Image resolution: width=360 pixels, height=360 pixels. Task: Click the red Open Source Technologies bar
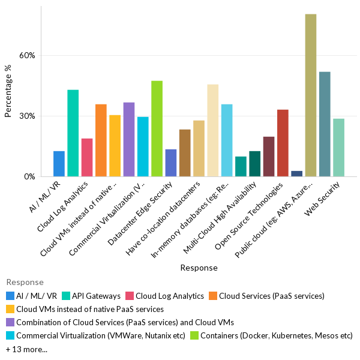tap(283, 143)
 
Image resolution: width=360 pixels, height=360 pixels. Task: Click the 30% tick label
tap(28, 116)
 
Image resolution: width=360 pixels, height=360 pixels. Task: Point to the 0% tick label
tap(30, 176)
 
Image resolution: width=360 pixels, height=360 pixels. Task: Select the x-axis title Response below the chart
tap(199, 268)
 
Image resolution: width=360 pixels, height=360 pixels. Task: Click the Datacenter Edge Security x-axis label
tap(149, 210)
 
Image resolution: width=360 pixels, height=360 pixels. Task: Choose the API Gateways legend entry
tap(94, 296)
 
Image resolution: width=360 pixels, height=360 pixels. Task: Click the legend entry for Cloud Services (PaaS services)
tap(271, 296)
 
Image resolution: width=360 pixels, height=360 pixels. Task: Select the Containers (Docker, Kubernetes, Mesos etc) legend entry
tap(277, 335)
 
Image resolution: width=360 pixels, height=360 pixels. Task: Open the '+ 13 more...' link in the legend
tap(26, 349)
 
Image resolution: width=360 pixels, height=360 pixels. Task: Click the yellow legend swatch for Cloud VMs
tap(10, 309)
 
